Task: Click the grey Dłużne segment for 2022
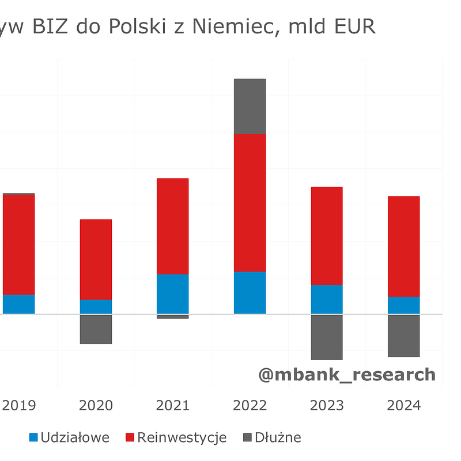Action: [x=250, y=106]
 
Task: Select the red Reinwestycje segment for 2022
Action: [x=250, y=202]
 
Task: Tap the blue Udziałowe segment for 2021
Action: [x=172, y=294]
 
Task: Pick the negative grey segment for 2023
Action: [x=327, y=337]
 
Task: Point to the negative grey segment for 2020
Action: [x=96, y=329]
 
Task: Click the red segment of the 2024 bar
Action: [x=403, y=247]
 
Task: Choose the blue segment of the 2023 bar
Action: [x=327, y=300]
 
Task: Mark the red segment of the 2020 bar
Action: [x=96, y=259]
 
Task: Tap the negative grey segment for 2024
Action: [x=403, y=335]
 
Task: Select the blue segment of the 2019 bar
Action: [x=18, y=304]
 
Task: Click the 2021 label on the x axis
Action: [x=172, y=406]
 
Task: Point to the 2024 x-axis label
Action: [x=403, y=406]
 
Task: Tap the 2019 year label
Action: [x=19, y=406]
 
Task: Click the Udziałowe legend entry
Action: [x=69, y=437]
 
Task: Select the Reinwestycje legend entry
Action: [x=176, y=437]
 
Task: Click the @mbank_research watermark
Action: [x=347, y=375]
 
